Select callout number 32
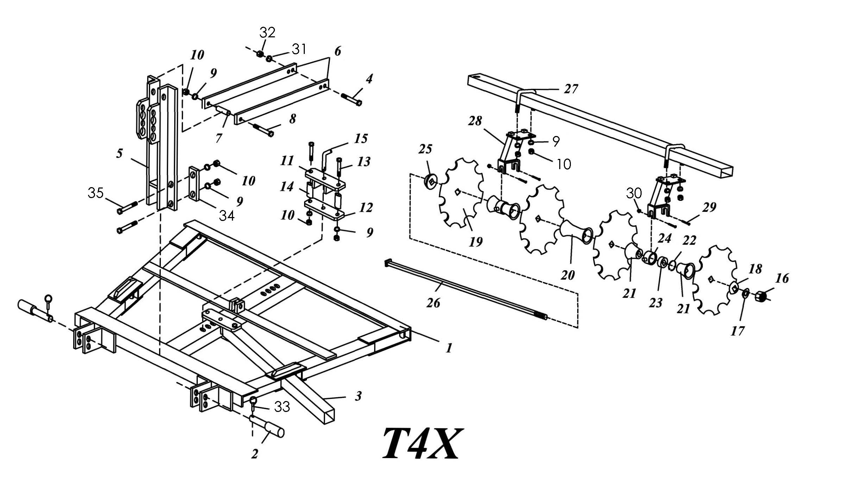pos(267,32)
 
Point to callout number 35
pos(95,193)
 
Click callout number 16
pos(782,278)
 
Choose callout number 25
pos(425,149)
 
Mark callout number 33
pos(282,407)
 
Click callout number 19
pos(475,242)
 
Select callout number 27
pos(571,89)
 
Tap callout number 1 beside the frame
pos(448,348)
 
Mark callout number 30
pos(634,193)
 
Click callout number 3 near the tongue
pos(358,396)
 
